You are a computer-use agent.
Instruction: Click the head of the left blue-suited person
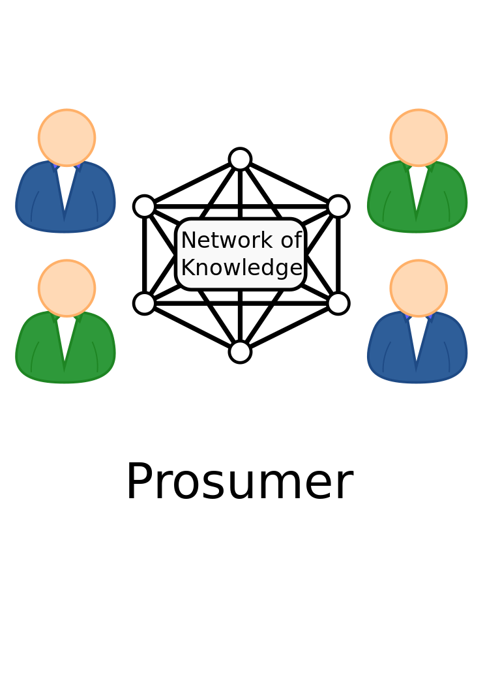(x=66, y=138)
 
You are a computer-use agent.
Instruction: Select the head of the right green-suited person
(x=419, y=138)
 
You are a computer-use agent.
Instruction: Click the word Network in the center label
(x=226, y=241)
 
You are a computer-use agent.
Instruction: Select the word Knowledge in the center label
(x=241, y=268)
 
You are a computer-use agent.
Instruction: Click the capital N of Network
(x=188, y=241)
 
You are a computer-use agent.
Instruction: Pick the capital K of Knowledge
(x=188, y=268)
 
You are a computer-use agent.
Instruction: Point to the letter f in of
(x=298, y=240)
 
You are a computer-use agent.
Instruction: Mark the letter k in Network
(x=269, y=240)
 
